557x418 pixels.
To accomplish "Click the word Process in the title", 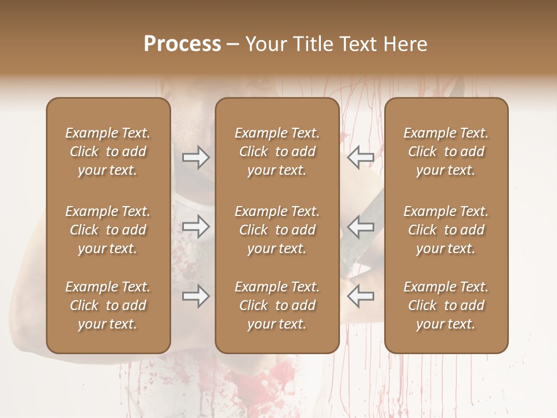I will coord(182,44).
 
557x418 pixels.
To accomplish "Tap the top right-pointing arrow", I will coord(196,157).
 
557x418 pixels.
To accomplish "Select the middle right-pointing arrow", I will coord(196,226).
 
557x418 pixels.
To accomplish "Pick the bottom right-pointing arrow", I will coord(196,297).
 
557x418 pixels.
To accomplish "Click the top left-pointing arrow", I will coord(360,157).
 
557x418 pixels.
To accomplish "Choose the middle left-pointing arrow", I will coord(360,226).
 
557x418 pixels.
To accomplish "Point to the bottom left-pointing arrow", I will coord(360,297).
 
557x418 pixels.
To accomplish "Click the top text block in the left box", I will coord(108,152).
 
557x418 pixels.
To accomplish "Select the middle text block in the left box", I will coord(108,230).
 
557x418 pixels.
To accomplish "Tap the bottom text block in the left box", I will coord(108,305).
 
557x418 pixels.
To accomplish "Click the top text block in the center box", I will coord(277,152).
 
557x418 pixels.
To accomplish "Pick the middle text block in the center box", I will coord(277,230).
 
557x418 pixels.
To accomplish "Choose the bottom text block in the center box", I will coord(277,305).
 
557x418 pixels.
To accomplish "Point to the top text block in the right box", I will coord(446,152).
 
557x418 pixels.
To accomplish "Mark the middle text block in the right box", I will coord(446,230).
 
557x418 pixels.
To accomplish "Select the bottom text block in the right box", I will coord(446,305).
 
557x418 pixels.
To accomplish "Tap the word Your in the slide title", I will coord(264,44).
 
